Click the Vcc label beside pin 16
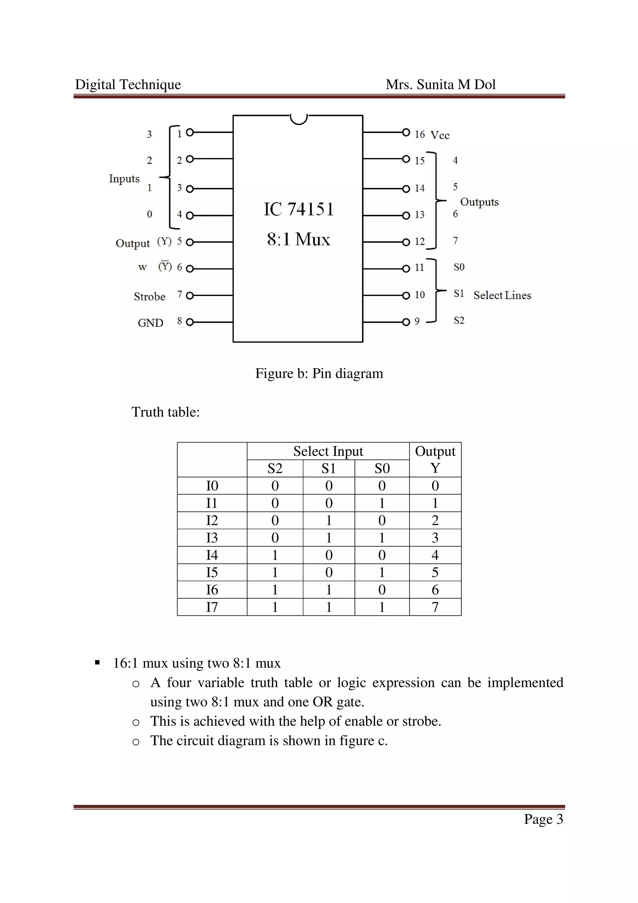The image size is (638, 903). click(440, 135)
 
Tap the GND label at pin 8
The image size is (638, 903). click(150, 323)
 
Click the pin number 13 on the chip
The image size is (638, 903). click(419, 215)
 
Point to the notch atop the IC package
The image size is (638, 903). click(298, 118)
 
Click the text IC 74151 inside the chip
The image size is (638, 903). click(298, 209)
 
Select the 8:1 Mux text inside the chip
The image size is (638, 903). click(298, 239)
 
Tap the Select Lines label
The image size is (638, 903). click(502, 295)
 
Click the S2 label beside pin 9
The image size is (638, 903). click(459, 321)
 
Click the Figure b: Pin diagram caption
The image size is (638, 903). click(319, 373)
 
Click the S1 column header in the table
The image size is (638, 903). click(328, 468)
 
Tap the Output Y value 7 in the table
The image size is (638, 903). click(435, 607)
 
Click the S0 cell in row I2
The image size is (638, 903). click(382, 520)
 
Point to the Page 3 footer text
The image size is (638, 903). click(543, 819)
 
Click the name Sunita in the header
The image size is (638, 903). click(435, 84)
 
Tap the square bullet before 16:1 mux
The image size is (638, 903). click(97, 663)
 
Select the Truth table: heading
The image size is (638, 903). click(165, 412)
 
